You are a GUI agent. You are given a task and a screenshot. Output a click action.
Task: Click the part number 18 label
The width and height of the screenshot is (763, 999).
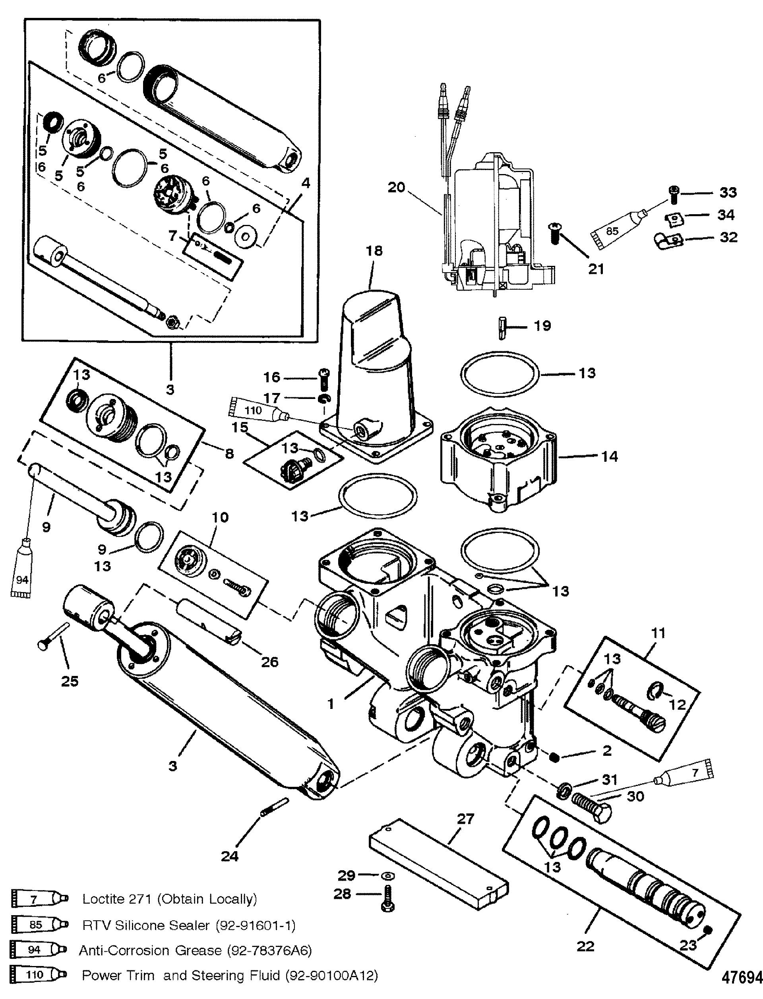tap(375, 251)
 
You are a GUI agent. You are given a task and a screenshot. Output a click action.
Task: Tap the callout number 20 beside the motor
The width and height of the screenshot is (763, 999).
tap(396, 188)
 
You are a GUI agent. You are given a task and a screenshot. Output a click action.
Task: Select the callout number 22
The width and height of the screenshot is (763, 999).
tap(585, 946)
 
